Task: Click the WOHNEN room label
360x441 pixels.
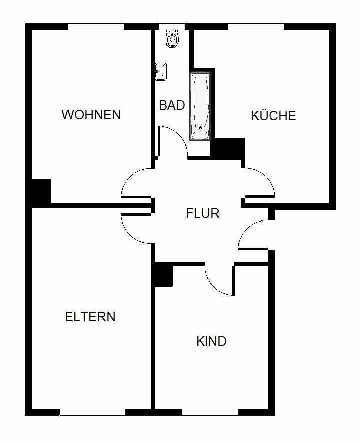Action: point(91,115)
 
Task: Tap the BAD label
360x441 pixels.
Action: point(172,105)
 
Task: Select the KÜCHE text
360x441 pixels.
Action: point(273,115)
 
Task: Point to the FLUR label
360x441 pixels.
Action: point(203,213)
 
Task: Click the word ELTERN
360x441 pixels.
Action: point(90,317)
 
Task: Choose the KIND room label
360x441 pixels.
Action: point(211,341)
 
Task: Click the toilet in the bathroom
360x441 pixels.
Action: point(172,39)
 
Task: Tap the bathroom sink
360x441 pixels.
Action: point(160,72)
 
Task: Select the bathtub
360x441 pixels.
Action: point(200,106)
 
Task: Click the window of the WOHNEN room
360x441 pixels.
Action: point(96,27)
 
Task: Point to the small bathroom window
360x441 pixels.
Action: point(172,27)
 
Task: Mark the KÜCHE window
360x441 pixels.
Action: point(256,27)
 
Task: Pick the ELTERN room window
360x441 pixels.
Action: point(92,412)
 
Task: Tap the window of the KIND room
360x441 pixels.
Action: point(210,412)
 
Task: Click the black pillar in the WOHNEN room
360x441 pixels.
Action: point(41,192)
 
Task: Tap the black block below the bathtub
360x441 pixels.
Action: point(228,149)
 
